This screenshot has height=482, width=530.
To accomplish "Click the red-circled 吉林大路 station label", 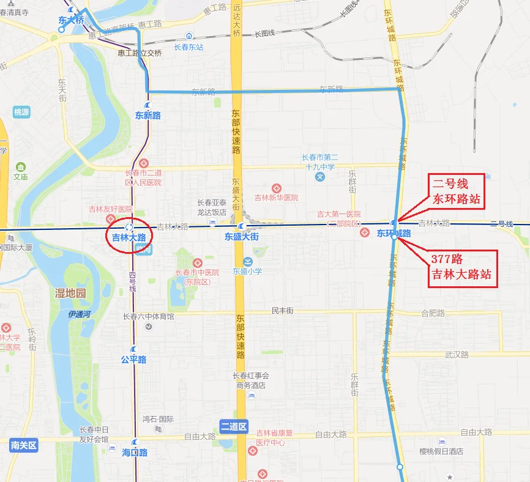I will tap(129, 237).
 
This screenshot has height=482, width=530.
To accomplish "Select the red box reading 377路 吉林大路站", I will tap(461, 268).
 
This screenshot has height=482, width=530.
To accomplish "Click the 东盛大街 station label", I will tap(241, 236).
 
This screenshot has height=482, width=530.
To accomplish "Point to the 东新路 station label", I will tap(147, 115).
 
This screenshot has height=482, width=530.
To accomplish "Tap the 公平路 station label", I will tap(133, 360).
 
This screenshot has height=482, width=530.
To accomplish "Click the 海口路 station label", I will tap(135, 453).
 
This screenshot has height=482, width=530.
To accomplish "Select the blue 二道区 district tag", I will tap(233, 426).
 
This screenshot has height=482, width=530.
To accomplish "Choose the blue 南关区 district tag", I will tap(24, 445).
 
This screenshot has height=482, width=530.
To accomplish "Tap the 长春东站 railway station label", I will tap(188, 47).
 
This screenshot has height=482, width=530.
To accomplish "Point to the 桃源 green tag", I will tap(21, 112).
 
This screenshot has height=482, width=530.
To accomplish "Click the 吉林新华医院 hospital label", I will tap(276, 198).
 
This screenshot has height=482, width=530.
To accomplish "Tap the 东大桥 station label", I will tap(71, 20).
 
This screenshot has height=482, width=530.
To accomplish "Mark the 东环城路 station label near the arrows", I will tap(394, 234).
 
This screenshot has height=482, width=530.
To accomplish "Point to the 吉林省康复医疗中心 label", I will tap(275, 437).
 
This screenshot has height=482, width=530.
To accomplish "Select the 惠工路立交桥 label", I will tap(140, 53).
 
